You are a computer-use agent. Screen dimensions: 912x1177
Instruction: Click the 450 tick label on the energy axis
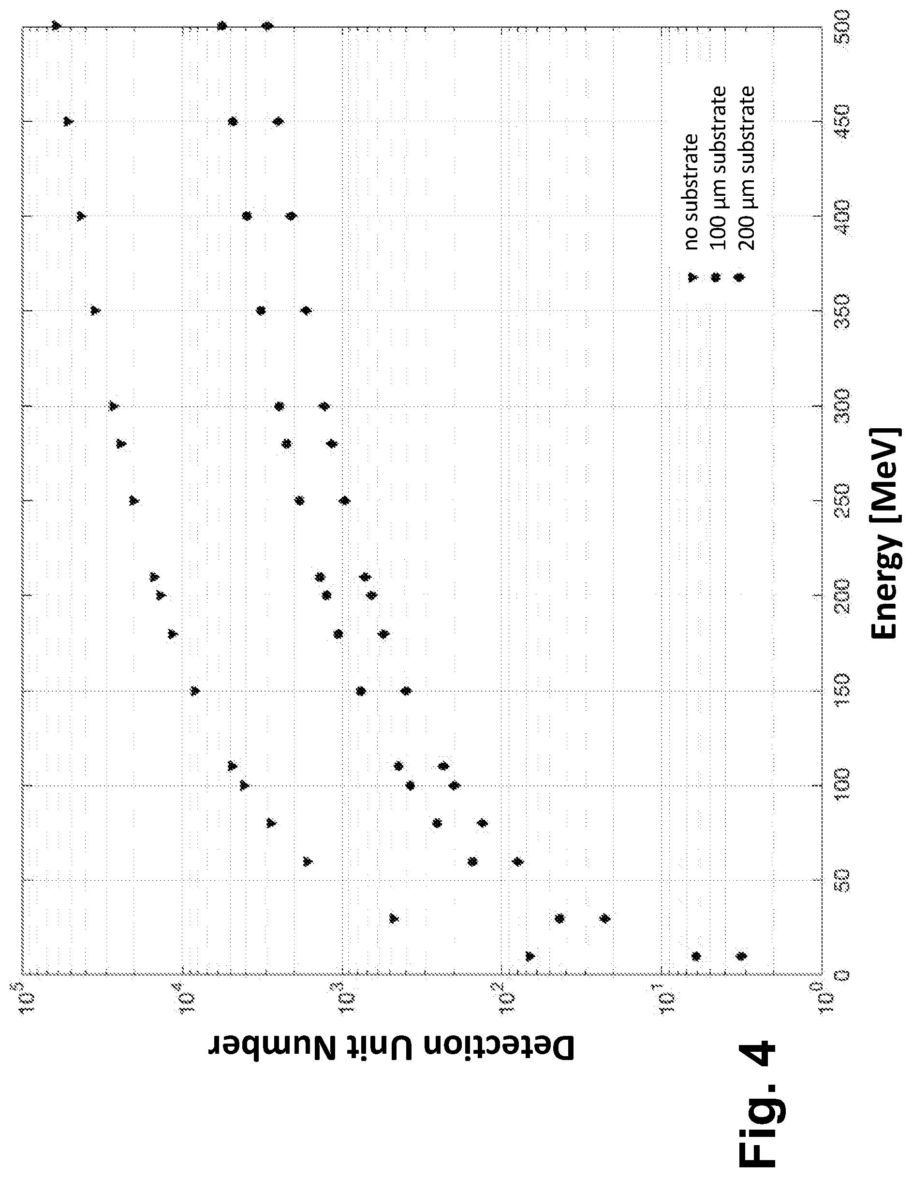coord(843,121)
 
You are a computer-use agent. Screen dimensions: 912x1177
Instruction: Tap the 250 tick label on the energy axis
coord(843,501)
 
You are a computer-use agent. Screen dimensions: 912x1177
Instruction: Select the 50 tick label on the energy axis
coord(843,881)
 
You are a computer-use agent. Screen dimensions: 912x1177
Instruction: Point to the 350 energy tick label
coord(843,311)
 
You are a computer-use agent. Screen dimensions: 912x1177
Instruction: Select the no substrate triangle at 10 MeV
coord(530,957)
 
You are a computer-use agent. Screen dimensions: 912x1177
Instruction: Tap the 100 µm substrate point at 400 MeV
coord(247,216)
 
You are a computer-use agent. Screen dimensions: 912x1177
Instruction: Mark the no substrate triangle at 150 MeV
coord(195,691)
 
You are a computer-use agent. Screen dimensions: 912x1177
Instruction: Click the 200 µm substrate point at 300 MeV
coord(324,406)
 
